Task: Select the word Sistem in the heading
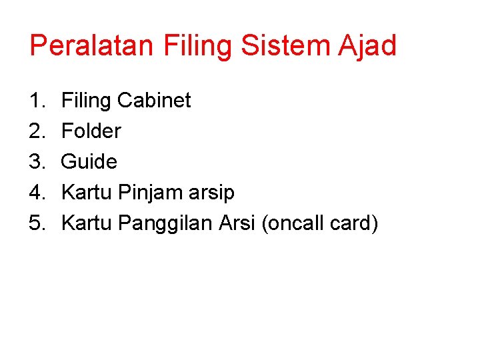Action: pyautogui.click(x=282, y=46)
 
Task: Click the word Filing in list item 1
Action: pyautogui.click(x=86, y=101)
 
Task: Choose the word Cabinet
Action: pyautogui.click(x=154, y=101)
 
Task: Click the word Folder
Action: pyautogui.click(x=91, y=131)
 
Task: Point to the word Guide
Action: pyautogui.click(x=89, y=162)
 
